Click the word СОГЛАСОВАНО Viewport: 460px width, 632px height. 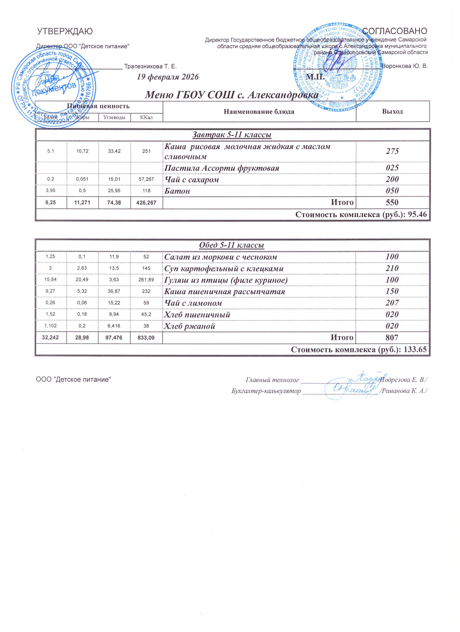click(395, 31)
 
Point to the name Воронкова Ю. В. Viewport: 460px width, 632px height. click(404, 67)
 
